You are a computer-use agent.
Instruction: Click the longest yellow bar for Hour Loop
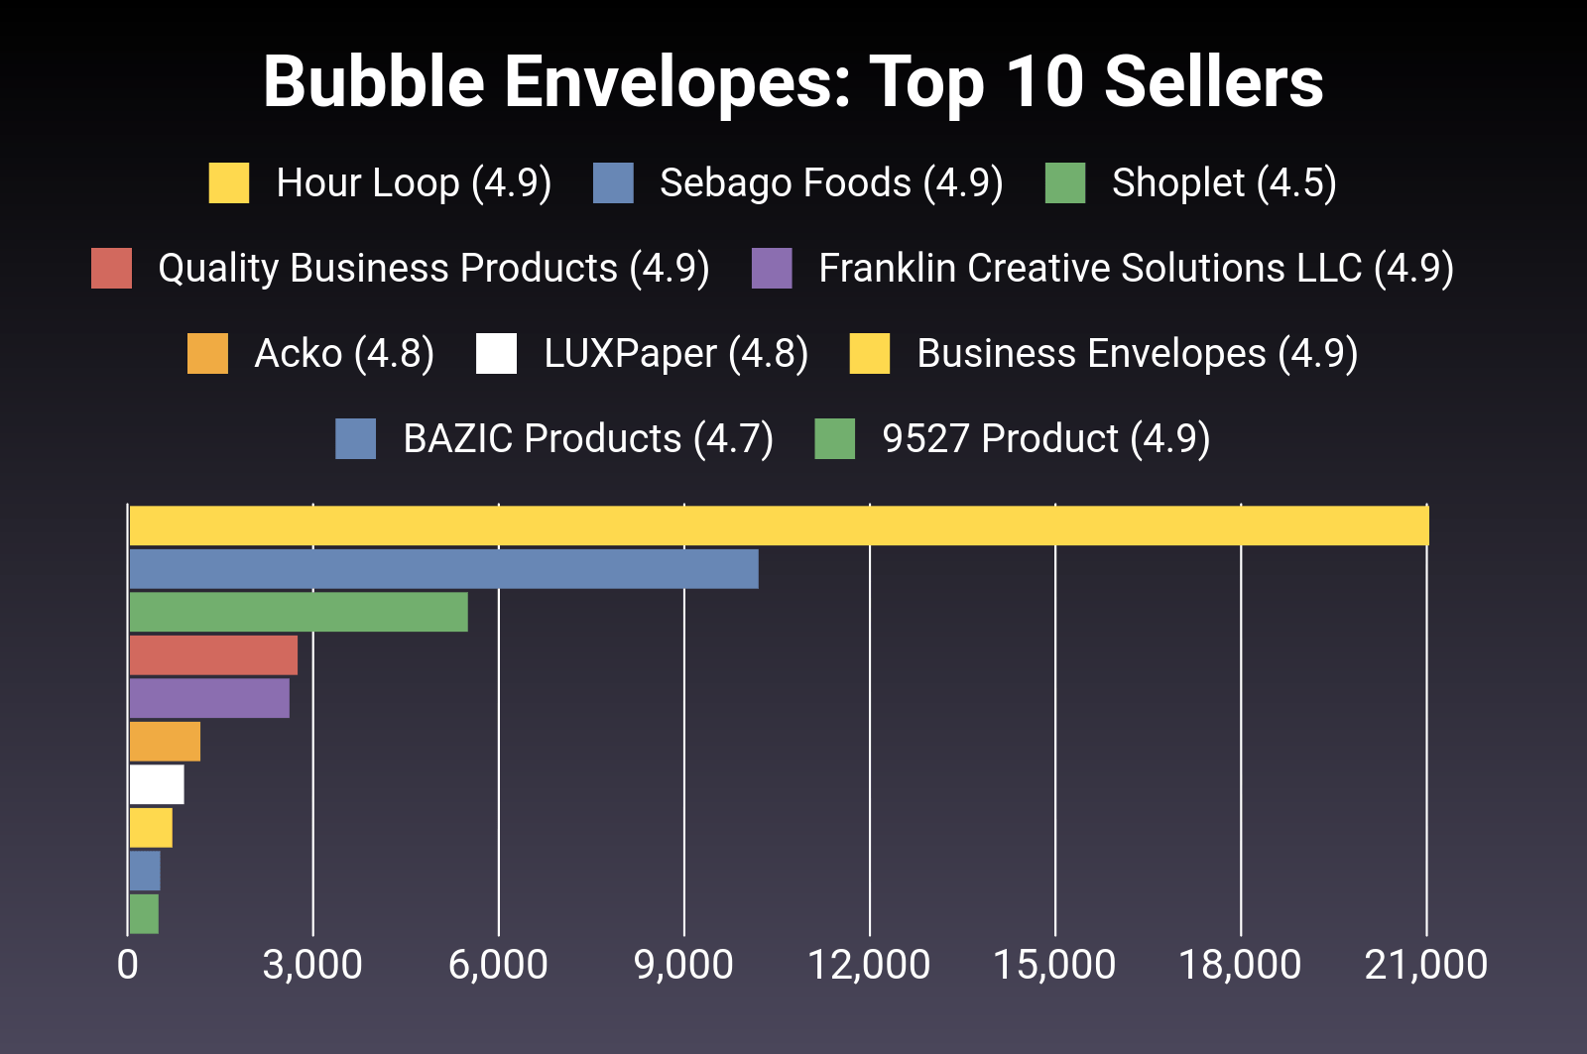click(779, 526)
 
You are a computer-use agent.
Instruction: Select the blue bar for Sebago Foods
click(443, 569)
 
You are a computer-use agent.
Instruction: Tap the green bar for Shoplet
click(298, 612)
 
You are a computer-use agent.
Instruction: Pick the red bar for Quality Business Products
click(213, 655)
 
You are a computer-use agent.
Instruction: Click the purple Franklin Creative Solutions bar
click(209, 698)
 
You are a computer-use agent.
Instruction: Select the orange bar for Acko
click(165, 742)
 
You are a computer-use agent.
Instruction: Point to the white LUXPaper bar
click(157, 784)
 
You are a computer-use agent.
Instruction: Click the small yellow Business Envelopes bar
click(151, 828)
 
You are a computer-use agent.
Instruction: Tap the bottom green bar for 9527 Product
click(144, 914)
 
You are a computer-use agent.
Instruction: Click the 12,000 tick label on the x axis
click(869, 965)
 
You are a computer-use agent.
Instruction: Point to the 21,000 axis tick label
click(1425, 965)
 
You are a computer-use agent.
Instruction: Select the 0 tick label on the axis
click(128, 965)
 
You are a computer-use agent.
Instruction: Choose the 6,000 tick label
click(498, 965)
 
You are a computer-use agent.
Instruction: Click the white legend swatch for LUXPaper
click(496, 354)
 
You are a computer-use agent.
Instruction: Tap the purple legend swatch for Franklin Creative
click(772, 269)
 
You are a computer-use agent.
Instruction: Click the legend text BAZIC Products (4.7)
click(587, 439)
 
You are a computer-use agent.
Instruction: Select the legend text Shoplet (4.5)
click(1224, 183)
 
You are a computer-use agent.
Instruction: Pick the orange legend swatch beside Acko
click(207, 354)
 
